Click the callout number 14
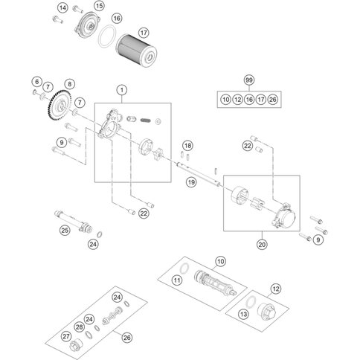[63, 7]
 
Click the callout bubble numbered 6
[36, 80]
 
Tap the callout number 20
[261, 242]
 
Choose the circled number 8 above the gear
[69, 85]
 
